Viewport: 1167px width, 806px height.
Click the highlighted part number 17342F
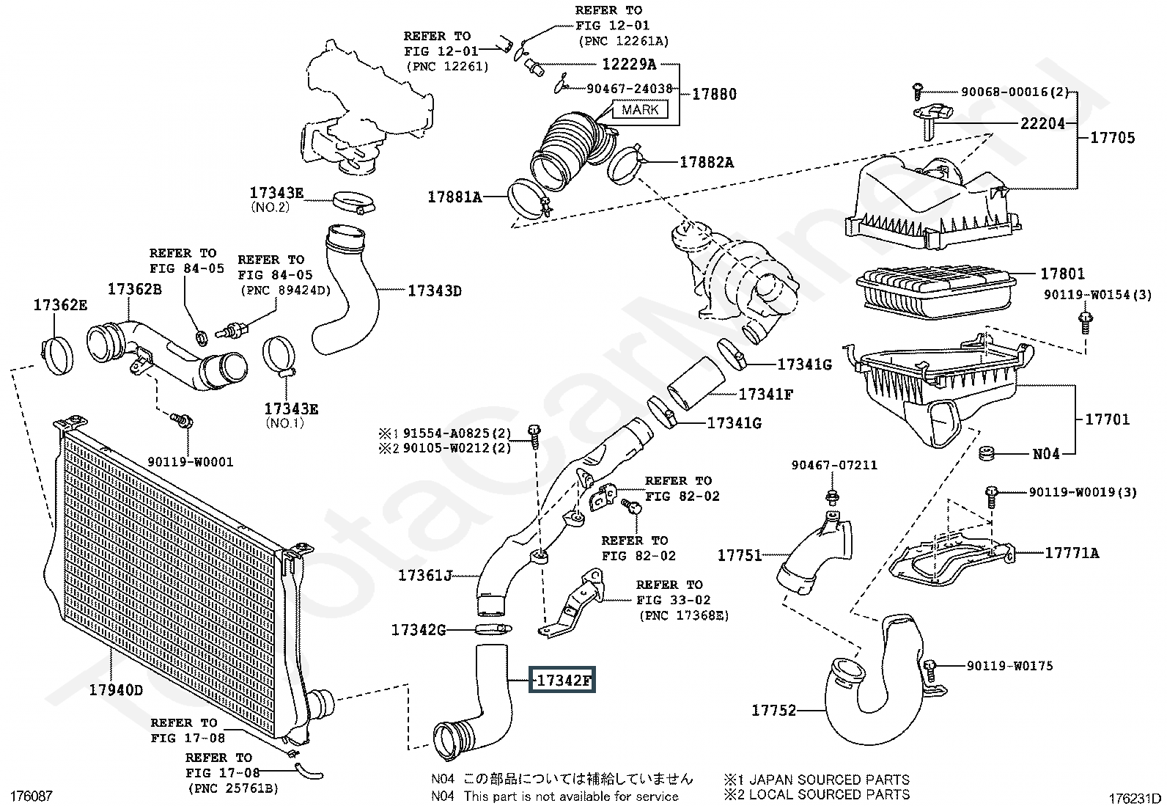tap(562, 680)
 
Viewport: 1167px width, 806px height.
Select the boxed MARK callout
tap(640, 109)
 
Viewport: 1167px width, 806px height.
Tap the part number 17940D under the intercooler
tap(116, 690)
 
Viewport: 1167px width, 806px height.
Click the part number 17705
tap(1113, 138)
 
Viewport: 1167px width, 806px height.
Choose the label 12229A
tap(630, 64)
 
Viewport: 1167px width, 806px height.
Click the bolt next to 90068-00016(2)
tap(918, 92)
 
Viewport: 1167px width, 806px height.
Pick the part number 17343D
tap(435, 291)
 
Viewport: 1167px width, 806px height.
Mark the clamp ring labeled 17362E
tap(56, 356)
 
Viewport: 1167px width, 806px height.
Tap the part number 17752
tap(773, 710)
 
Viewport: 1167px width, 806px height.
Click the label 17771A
tap(1072, 553)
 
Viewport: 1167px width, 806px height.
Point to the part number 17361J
tap(425, 576)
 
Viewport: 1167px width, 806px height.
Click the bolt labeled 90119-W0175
tap(930, 670)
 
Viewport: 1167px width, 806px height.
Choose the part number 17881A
tap(454, 197)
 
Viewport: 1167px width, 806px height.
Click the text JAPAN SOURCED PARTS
tap(830, 780)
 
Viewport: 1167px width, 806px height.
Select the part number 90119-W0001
tap(191, 462)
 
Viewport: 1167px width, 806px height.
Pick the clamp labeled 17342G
tap(492, 630)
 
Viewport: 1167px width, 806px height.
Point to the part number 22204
tap(1042, 123)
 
